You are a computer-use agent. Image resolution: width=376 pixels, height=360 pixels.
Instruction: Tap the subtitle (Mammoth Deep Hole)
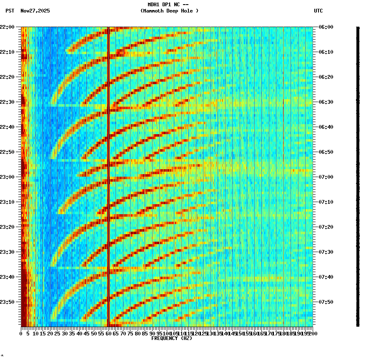coord(169,11)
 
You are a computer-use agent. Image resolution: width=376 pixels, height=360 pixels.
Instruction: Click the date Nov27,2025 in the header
coord(35,11)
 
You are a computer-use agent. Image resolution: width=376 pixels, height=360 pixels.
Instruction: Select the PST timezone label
coord(10,11)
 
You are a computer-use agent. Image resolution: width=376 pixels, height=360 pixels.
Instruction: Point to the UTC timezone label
coord(318,11)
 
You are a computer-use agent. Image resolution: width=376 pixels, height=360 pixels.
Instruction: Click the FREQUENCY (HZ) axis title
coord(171,338)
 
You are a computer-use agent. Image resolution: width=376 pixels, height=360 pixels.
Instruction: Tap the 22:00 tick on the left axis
coord(8,27)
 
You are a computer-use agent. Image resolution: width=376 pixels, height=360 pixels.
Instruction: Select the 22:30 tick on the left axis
coord(8,102)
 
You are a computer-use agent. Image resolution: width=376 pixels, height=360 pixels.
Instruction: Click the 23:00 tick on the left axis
coord(8,177)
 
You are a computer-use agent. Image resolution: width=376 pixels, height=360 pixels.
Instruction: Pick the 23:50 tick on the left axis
coord(8,302)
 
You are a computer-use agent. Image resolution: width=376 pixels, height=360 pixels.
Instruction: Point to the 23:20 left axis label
coord(8,227)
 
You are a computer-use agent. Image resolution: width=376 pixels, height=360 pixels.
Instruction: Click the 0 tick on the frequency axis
coord(21,333)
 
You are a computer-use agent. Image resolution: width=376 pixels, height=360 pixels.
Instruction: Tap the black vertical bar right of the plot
coord(358,175)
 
